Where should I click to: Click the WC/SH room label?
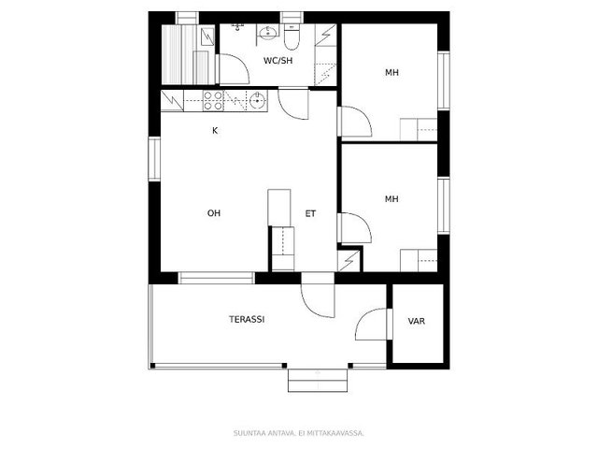(x=278, y=60)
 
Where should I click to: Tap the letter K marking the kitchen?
(x=215, y=131)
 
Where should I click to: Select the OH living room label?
(x=214, y=213)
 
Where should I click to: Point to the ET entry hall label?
(x=310, y=213)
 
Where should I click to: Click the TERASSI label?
(x=247, y=319)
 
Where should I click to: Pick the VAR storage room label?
(x=417, y=321)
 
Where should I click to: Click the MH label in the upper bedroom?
(x=392, y=72)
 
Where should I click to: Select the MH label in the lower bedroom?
(x=392, y=199)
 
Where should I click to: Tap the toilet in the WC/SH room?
(x=292, y=36)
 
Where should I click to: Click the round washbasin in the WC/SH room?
(x=268, y=33)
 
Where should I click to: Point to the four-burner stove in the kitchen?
(x=213, y=101)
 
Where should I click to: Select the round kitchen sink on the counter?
(x=258, y=101)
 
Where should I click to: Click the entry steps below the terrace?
(x=318, y=381)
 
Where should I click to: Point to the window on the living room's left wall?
(x=154, y=159)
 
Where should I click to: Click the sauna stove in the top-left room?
(x=207, y=36)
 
